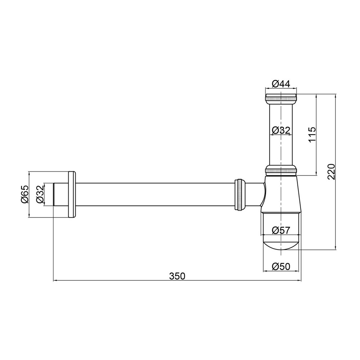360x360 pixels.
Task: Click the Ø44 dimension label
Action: click(281, 84)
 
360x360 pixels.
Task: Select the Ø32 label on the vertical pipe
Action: click(281, 130)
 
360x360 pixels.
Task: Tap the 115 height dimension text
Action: click(312, 135)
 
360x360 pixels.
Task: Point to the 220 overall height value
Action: click(331, 171)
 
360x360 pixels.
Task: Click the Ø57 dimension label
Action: click(281, 230)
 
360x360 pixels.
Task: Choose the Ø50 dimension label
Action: click(281, 266)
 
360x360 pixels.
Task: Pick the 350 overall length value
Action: click(177, 276)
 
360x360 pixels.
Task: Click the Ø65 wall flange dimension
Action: click(24, 194)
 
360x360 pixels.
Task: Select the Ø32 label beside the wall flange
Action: click(40, 194)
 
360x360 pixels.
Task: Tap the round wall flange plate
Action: click(72, 194)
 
